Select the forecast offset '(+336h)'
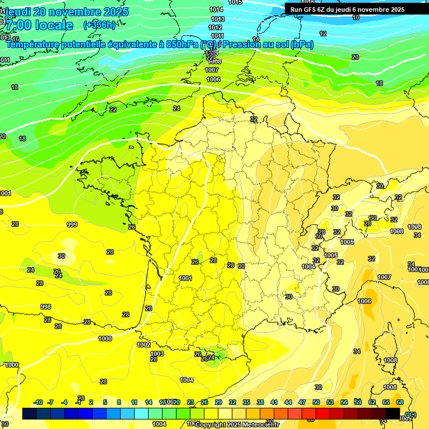[x=99, y=25]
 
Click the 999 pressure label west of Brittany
[x=72, y=225]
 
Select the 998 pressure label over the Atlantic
[x=46, y=307]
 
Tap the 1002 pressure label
[x=144, y=345]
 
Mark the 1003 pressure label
[x=157, y=354]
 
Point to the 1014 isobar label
[x=216, y=10]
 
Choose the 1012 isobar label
[x=215, y=27]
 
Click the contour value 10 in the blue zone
[x=356, y=17]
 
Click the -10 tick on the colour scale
[x=38, y=402]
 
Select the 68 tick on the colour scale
[x=400, y=402]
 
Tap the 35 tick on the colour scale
[x=246, y=402]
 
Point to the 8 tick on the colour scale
[x=119, y=402]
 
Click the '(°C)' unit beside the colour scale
[x=411, y=414]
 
